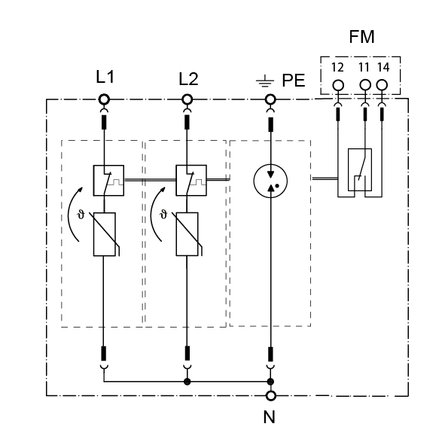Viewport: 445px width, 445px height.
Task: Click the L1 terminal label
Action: click(105, 77)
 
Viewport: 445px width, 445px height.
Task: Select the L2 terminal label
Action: click(188, 79)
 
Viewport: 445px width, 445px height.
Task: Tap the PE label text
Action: click(294, 81)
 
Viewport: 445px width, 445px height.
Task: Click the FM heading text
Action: click(361, 37)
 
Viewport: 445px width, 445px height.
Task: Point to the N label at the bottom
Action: click(270, 417)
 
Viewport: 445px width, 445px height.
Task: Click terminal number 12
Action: click(337, 68)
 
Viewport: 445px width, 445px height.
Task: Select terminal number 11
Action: click(364, 68)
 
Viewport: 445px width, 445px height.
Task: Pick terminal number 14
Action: click(383, 68)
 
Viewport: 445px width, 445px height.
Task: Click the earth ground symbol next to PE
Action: click(265, 81)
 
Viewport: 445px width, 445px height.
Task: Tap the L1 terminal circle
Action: click(104, 99)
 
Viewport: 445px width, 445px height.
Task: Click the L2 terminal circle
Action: click(187, 99)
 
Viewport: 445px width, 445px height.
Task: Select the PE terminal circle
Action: click(270, 99)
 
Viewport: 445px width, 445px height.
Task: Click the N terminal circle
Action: click(271, 395)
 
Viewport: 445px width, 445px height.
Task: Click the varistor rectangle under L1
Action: click(94, 234)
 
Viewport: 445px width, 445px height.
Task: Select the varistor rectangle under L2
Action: click(176, 234)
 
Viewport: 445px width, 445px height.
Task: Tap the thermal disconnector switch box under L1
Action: click(94, 181)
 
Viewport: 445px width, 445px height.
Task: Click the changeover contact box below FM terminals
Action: click(349, 169)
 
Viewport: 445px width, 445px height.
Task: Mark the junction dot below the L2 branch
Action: click(187, 382)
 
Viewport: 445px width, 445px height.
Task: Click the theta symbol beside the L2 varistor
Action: click(163, 215)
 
